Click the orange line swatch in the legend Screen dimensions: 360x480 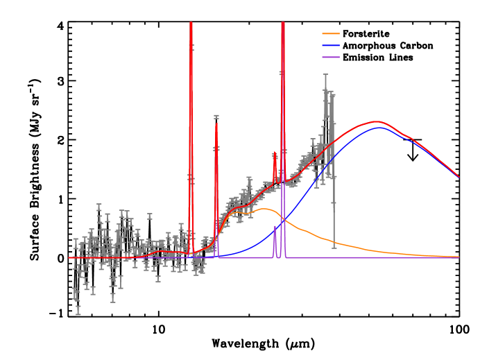331,33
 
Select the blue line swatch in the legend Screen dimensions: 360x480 331,45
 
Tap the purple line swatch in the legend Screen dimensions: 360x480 331,57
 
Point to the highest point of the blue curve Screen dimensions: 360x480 379,127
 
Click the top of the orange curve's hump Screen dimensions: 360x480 264,208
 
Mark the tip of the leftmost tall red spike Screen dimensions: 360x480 191,23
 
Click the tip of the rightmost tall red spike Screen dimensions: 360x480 282,23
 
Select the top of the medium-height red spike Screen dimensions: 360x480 216,123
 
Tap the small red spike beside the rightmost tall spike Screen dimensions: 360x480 275,154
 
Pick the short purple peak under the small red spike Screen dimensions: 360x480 275,226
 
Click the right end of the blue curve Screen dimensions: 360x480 458,177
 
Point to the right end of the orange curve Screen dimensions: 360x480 458,257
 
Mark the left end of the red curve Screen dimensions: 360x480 69,257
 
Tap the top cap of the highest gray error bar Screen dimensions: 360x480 325,75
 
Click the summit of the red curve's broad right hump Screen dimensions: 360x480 377,121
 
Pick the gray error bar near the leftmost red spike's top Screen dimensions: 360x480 191,47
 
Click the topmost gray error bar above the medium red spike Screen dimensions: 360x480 216,117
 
